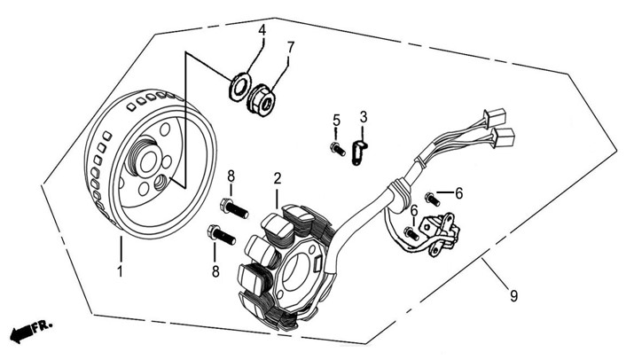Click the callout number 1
click(x=120, y=271)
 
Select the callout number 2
click(x=277, y=178)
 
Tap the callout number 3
click(x=364, y=117)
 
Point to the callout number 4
click(x=262, y=30)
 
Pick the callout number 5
click(x=336, y=120)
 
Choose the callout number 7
click(x=291, y=47)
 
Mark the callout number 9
click(x=513, y=296)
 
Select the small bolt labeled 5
click(x=338, y=149)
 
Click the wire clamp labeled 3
click(x=358, y=153)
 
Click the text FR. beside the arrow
click(x=43, y=325)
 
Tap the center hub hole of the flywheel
click(x=149, y=161)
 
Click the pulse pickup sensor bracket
click(x=439, y=235)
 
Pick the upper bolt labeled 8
click(x=234, y=208)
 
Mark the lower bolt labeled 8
click(x=221, y=235)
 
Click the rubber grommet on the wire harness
click(x=400, y=196)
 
